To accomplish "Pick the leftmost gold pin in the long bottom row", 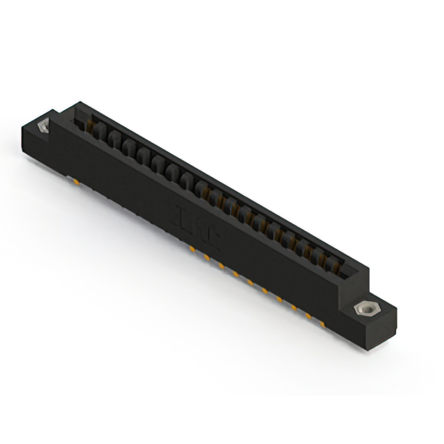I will [x=189, y=247].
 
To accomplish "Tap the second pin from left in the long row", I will [x=205, y=255].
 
